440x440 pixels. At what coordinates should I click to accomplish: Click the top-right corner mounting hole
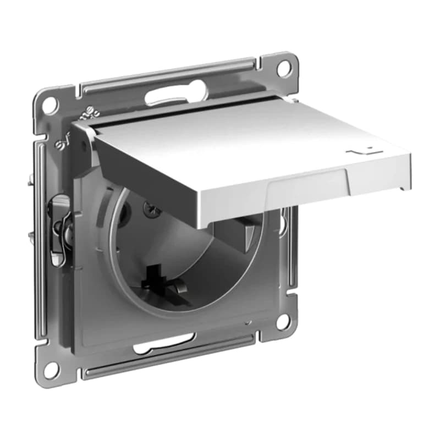coord(283,68)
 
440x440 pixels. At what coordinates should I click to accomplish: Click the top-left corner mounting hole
coord(50,104)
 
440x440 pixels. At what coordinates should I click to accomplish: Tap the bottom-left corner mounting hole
coord(51,369)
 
